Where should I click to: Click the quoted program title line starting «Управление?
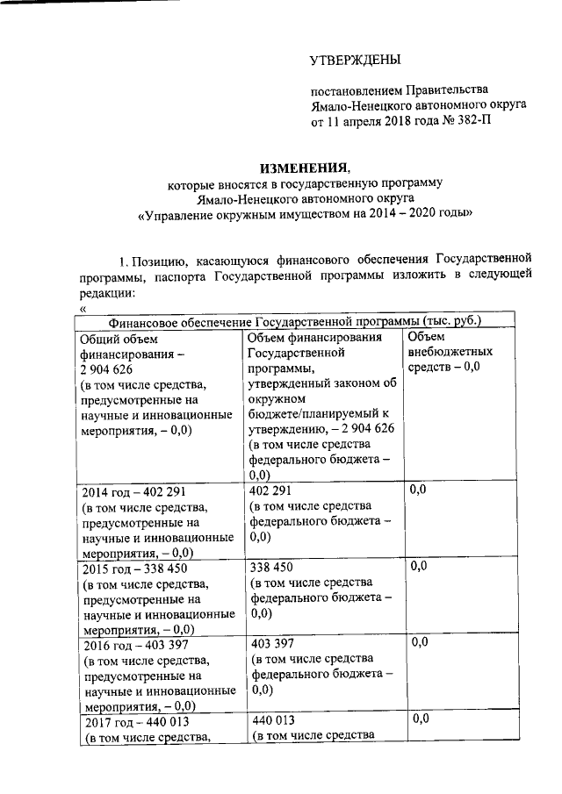[305, 214]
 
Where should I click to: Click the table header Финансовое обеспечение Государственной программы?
[287, 322]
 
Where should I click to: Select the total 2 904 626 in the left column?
[106, 368]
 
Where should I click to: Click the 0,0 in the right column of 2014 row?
[419, 490]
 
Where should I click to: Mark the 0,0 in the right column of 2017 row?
[421, 719]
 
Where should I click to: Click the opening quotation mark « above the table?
[83, 309]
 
